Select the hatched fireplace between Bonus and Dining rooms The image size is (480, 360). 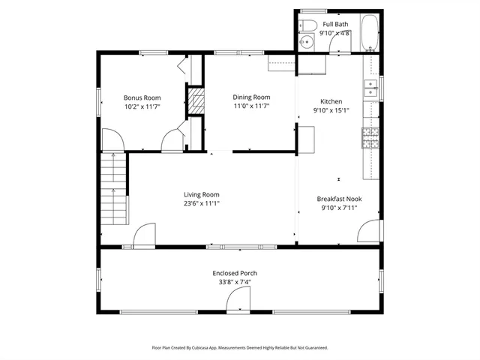coord(196,102)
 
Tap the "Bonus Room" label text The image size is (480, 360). coord(142,97)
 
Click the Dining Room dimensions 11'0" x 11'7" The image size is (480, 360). coord(250,106)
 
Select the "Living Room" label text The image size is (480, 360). coord(202,194)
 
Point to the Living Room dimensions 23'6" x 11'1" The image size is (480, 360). coord(202,203)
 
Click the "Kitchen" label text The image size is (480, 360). coord(331,101)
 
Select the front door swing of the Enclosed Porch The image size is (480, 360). coord(239,301)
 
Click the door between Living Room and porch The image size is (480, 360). coord(144,235)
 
